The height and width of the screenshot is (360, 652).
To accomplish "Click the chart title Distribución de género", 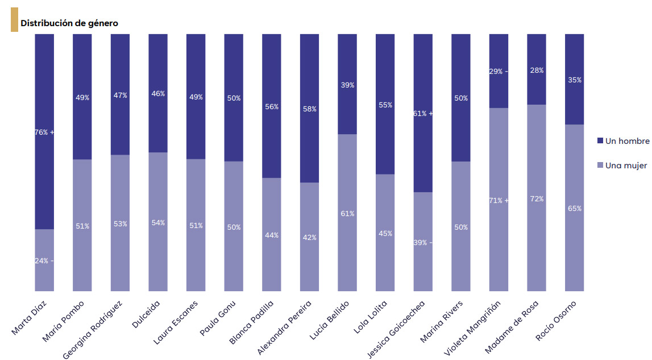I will click(69, 23).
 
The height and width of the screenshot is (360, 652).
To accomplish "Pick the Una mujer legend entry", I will click(626, 165).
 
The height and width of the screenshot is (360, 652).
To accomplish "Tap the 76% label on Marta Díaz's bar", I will click(41, 132).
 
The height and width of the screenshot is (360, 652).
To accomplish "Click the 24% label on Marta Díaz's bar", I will click(41, 261).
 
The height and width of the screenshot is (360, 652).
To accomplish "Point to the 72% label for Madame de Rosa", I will click(537, 199).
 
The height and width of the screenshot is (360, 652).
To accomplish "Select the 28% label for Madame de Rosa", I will click(537, 71).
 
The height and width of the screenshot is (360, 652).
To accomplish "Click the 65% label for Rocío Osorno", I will click(574, 209).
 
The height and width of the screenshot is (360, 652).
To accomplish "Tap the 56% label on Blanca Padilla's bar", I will click(272, 107).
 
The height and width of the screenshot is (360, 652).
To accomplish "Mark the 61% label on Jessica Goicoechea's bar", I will click(421, 113).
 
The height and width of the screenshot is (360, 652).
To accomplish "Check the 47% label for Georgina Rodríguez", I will click(120, 96).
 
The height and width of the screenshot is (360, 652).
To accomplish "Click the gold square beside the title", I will click(14, 20).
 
